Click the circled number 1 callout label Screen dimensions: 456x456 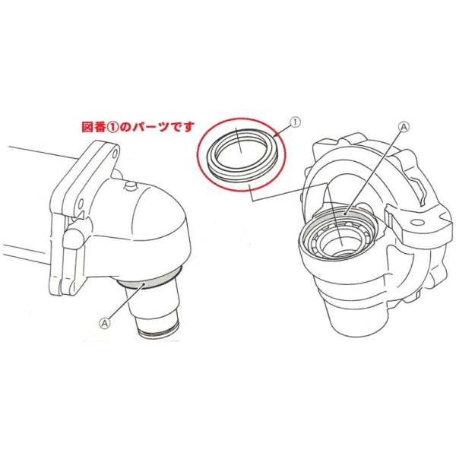tap(295, 122)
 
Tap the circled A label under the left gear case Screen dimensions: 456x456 tap(105, 322)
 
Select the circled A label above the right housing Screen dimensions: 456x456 tap(404, 127)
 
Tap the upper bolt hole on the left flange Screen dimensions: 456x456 tap(115, 153)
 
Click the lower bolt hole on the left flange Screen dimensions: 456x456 tap(81, 204)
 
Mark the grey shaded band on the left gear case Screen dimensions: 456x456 tap(148, 280)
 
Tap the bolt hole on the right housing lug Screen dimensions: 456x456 tap(417, 223)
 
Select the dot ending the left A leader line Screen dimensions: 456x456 tap(144, 283)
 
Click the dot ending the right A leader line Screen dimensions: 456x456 tap(344, 214)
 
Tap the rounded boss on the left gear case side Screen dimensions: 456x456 tap(73, 238)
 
